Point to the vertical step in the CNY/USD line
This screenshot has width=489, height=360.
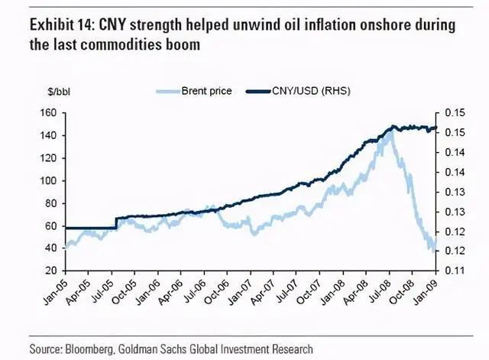pos(116,222)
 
